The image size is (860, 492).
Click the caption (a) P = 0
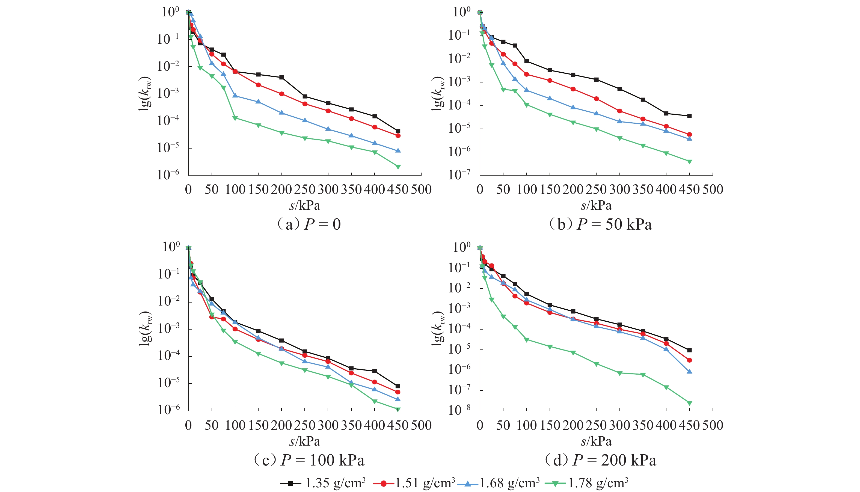(x=309, y=224)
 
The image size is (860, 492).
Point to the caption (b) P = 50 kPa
(x=600, y=224)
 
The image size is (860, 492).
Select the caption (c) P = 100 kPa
(x=309, y=460)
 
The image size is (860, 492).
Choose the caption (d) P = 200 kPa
(x=600, y=460)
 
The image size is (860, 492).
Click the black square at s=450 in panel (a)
(x=398, y=131)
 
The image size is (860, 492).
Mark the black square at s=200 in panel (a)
(x=282, y=77)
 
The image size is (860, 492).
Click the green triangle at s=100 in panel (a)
(x=235, y=118)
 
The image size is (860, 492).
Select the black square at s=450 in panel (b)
(x=689, y=116)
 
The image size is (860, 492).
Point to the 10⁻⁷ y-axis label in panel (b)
(x=459, y=174)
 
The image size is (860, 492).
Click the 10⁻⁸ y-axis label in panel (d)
(x=459, y=410)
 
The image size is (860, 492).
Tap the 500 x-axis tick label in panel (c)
(x=421, y=425)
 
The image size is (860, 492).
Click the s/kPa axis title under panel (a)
(x=305, y=205)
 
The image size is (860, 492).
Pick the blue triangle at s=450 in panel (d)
(x=689, y=371)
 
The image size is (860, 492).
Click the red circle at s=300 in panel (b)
(x=619, y=111)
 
